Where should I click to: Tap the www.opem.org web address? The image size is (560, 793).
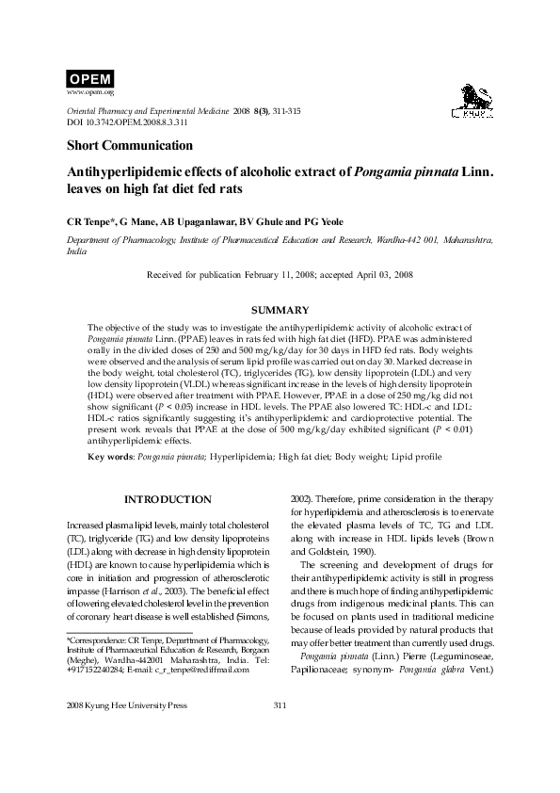tap(90, 92)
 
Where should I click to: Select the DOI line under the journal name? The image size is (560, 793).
tap(127, 122)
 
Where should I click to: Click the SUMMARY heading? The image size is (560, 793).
tap(280, 311)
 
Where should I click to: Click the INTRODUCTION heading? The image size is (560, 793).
tap(168, 498)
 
